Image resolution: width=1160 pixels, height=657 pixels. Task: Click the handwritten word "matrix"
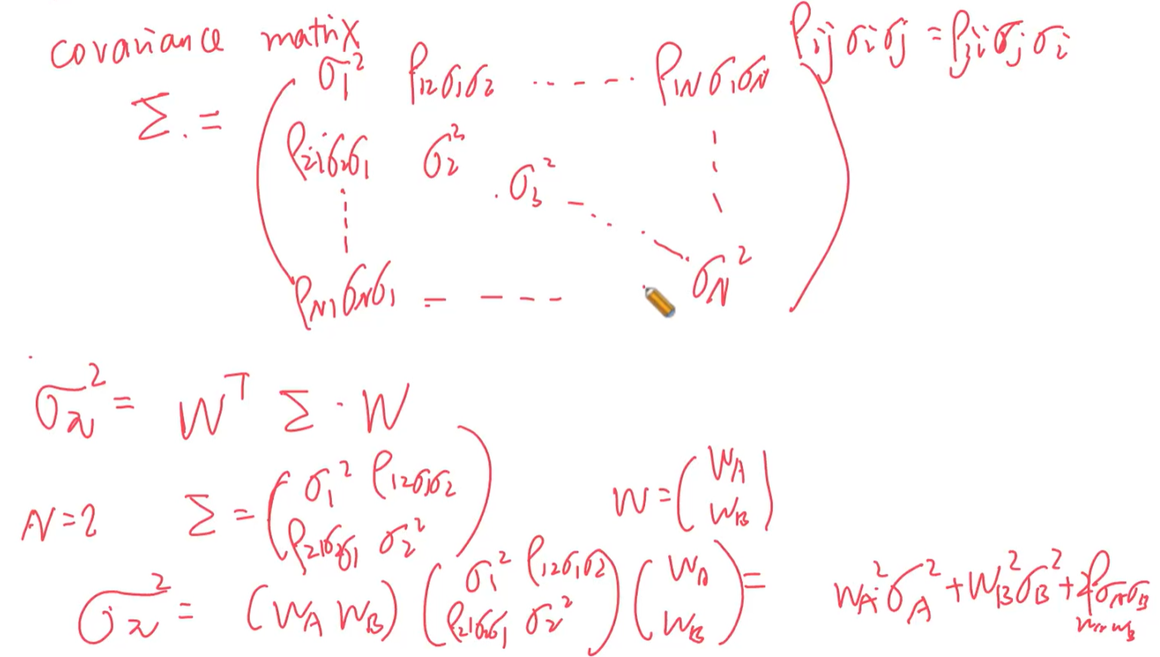(311, 36)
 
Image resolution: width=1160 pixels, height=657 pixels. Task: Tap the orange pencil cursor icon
(659, 302)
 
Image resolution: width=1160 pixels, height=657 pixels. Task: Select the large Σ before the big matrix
(153, 119)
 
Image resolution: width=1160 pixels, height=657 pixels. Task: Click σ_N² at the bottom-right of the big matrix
(720, 280)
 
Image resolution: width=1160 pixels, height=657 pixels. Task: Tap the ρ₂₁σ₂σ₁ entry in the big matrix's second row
(327, 152)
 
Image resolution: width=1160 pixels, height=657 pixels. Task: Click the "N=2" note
(59, 523)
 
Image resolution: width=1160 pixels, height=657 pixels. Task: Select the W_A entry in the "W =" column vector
(726, 467)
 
